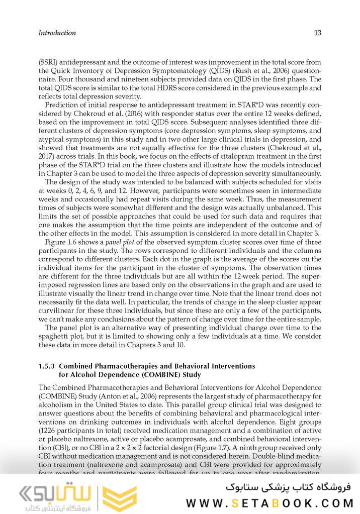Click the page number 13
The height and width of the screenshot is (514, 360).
[317, 33]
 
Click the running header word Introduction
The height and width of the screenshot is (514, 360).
[57, 33]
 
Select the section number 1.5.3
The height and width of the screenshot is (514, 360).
[49, 366]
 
